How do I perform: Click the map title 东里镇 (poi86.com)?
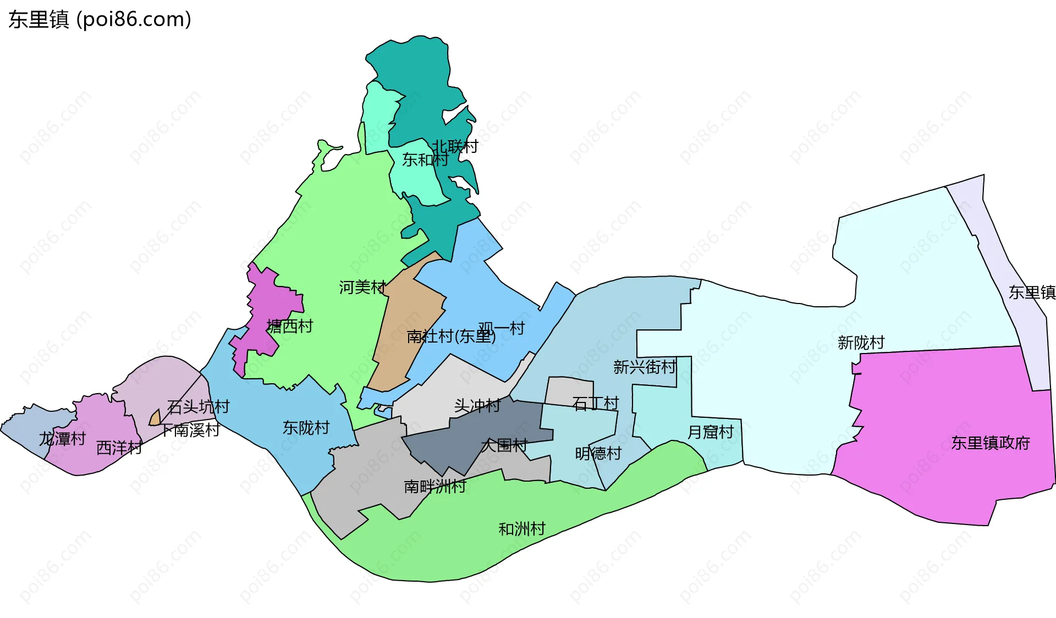point(100,19)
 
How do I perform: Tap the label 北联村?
point(455,146)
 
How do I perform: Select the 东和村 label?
point(425,159)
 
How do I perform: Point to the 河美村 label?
point(362,287)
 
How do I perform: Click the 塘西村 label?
point(290,326)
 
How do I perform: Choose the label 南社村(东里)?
point(451,336)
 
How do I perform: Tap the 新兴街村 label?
point(645,367)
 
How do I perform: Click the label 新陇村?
point(861,343)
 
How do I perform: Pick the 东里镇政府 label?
point(991,443)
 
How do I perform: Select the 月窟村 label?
point(711,432)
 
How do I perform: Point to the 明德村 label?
point(598,454)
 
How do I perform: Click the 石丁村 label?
point(596,404)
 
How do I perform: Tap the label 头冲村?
point(477,406)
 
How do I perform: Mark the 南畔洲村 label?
point(435,486)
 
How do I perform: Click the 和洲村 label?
point(521,529)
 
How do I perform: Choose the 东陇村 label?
point(306,428)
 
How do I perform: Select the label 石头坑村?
point(199,407)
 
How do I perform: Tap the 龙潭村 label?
point(62,439)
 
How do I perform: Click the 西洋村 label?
point(119,448)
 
